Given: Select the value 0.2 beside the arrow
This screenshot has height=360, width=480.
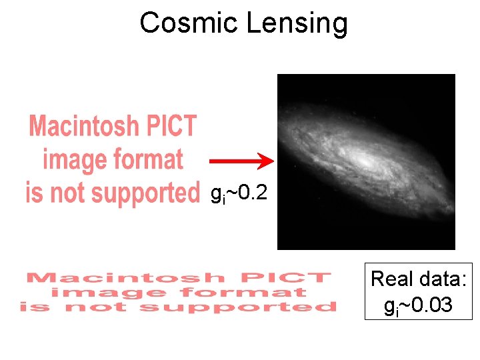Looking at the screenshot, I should click(x=254, y=194).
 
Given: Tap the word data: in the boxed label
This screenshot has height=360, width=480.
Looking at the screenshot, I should click(x=443, y=279).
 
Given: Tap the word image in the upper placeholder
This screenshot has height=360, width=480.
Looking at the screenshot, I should click(x=74, y=160).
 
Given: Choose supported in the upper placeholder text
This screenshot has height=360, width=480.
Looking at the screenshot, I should click(x=145, y=193).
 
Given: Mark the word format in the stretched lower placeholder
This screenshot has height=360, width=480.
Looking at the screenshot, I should click(x=247, y=293).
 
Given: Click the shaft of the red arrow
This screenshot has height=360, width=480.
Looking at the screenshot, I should click(x=233, y=161).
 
